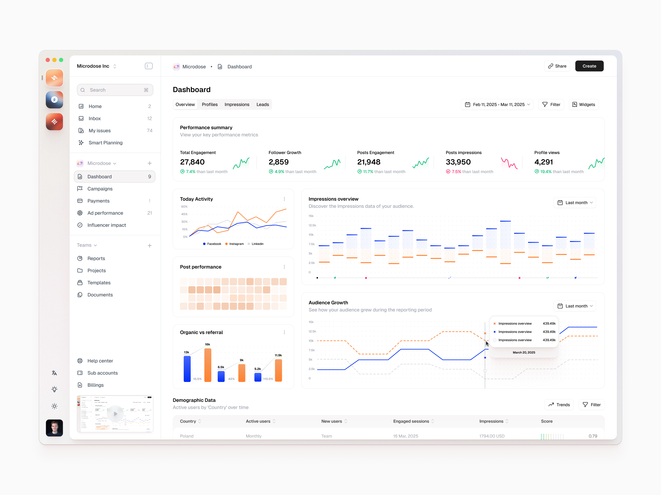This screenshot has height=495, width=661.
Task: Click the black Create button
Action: (589, 66)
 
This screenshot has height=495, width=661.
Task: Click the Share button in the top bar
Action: (557, 66)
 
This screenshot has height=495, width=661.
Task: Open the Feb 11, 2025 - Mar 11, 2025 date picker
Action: (497, 104)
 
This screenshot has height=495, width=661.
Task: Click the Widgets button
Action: (583, 104)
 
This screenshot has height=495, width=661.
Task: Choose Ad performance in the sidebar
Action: (105, 213)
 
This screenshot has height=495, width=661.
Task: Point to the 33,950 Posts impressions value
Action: (458, 162)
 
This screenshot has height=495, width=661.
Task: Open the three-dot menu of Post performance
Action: (284, 267)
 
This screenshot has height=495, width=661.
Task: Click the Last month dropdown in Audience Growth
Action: (575, 306)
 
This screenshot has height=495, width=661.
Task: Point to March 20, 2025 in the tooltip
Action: (524, 352)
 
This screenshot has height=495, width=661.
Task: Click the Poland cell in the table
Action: (187, 436)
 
